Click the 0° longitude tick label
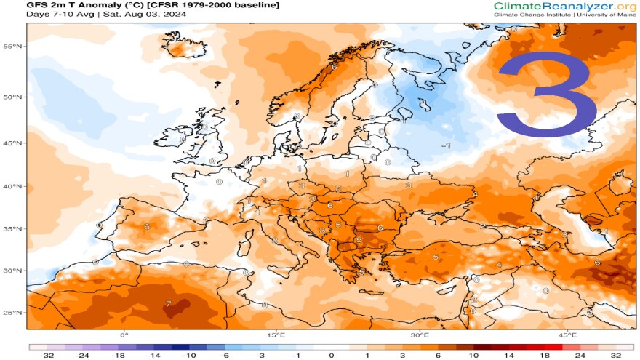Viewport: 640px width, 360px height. pyautogui.click(x=124, y=335)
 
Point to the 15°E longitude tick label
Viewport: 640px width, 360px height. pyautogui.click(x=276, y=335)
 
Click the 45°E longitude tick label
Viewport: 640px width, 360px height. pyautogui.click(x=568, y=335)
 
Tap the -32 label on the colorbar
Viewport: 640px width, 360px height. pyautogui.click(x=47, y=355)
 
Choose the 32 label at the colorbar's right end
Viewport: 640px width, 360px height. pyautogui.click(x=616, y=355)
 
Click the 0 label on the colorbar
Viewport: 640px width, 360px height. pyautogui.click(x=332, y=355)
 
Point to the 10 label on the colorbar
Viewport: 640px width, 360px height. pyautogui.click(x=473, y=355)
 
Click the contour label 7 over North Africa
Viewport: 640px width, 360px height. pyautogui.click(x=169, y=303)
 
